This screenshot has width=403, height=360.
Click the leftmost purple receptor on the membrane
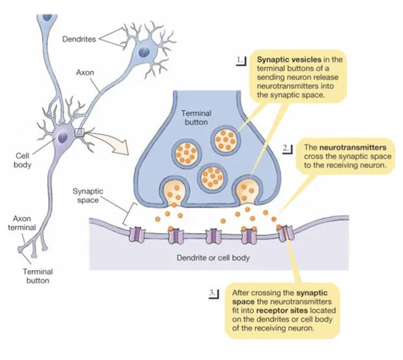pos(137,233)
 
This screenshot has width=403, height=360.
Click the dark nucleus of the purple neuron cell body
pos(63,137)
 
